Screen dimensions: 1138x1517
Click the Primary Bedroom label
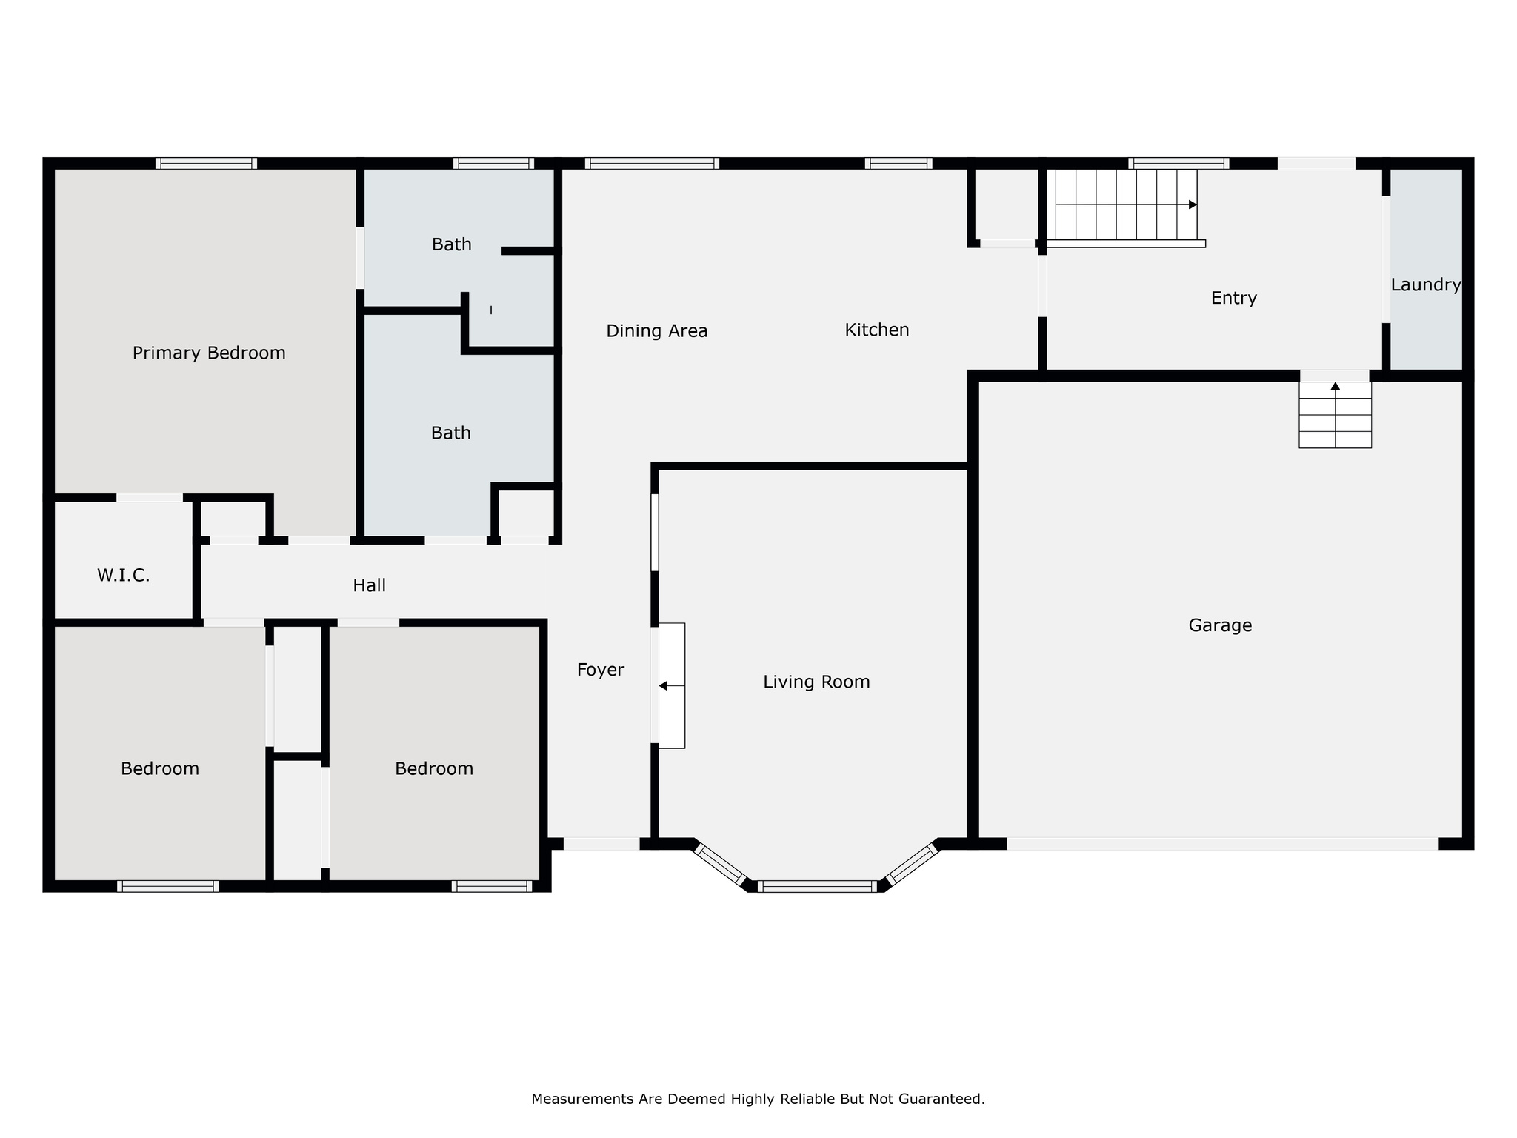pyautogui.click(x=209, y=353)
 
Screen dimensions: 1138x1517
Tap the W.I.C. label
pyautogui.click(x=124, y=575)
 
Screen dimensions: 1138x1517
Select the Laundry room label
pyautogui.click(x=1425, y=284)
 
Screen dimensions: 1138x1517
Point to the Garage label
pyautogui.click(x=1220, y=625)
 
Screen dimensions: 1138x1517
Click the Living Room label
pyautogui.click(x=816, y=682)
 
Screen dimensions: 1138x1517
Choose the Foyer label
pyautogui.click(x=600, y=670)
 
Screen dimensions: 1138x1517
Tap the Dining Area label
pyautogui.click(x=656, y=331)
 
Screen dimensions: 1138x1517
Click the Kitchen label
pyautogui.click(x=877, y=330)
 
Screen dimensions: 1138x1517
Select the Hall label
pyautogui.click(x=369, y=585)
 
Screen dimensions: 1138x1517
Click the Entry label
pyautogui.click(x=1233, y=298)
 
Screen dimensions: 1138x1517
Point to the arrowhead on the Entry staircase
pyautogui.click(x=1193, y=204)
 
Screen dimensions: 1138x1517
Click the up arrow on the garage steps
pyautogui.click(x=1335, y=386)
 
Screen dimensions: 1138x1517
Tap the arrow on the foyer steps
pyautogui.click(x=663, y=686)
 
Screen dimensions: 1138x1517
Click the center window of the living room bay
pyautogui.click(x=817, y=886)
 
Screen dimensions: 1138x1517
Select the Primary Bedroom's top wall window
pyautogui.click(x=206, y=163)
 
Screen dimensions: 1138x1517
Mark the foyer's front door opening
pyautogui.click(x=601, y=843)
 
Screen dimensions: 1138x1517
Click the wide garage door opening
pyautogui.click(x=1222, y=843)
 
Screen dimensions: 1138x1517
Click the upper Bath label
pyautogui.click(x=451, y=244)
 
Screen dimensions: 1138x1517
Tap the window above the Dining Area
pyautogui.click(x=652, y=163)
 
